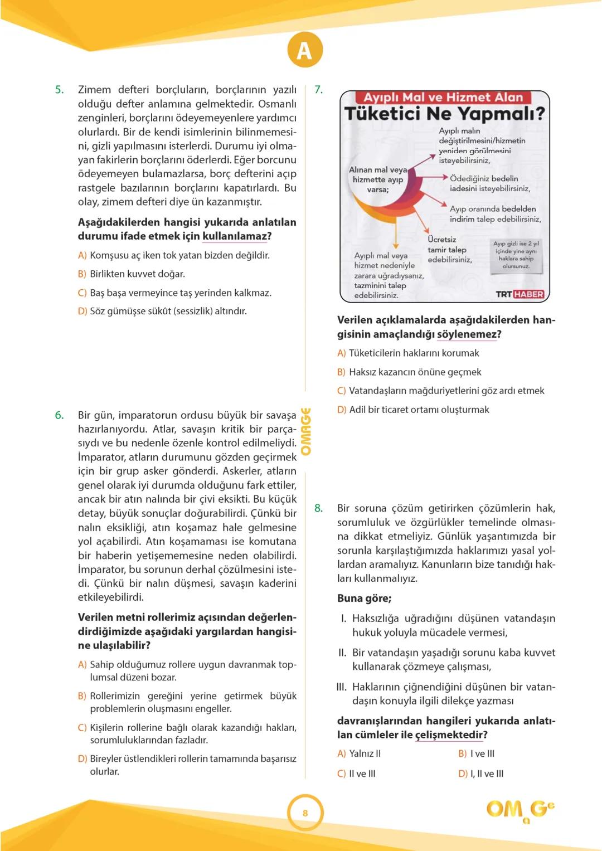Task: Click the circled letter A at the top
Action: click(305, 51)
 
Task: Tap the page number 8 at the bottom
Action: click(305, 813)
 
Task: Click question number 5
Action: click(59, 90)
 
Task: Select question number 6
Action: click(59, 415)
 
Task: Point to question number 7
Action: click(318, 90)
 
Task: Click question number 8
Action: click(318, 508)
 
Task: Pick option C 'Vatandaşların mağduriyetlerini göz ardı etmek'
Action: click(441, 391)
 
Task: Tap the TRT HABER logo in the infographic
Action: click(520, 294)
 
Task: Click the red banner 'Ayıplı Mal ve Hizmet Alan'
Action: click(443, 98)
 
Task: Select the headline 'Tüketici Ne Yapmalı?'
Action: click(444, 114)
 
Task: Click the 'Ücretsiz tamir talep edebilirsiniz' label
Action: click(449, 250)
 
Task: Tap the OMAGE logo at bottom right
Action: click(520, 810)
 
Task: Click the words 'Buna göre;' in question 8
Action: click(364, 599)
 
